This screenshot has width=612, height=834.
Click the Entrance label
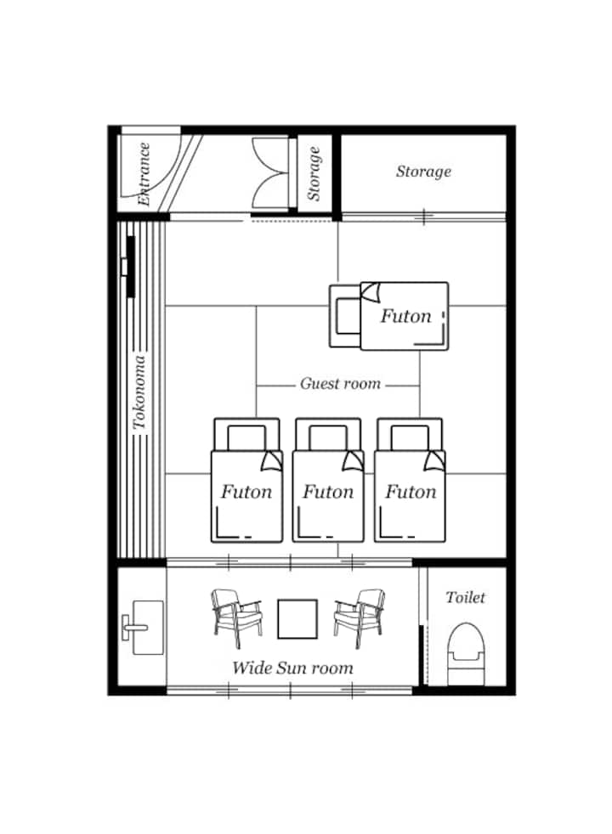click(x=144, y=174)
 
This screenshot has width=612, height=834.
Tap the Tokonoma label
click(x=139, y=392)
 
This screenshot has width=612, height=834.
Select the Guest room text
click(x=340, y=384)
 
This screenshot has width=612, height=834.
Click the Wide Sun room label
click(x=292, y=668)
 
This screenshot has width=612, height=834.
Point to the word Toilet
click(x=465, y=597)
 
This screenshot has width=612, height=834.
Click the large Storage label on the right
click(x=423, y=172)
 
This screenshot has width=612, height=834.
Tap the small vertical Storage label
click(x=314, y=174)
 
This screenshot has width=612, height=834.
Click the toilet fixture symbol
click(x=466, y=654)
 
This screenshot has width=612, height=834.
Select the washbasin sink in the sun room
click(x=143, y=628)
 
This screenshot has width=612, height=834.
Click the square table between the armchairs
click(x=297, y=618)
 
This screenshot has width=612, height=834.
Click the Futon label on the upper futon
click(x=405, y=316)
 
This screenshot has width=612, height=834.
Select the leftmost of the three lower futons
click(x=246, y=481)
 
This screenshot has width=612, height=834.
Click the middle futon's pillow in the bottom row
click(x=328, y=437)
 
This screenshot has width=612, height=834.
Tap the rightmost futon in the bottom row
click(x=410, y=481)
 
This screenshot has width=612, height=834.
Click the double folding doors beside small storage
click(x=270, y=172)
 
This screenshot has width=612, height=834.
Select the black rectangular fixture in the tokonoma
click(x=131, y=267)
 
